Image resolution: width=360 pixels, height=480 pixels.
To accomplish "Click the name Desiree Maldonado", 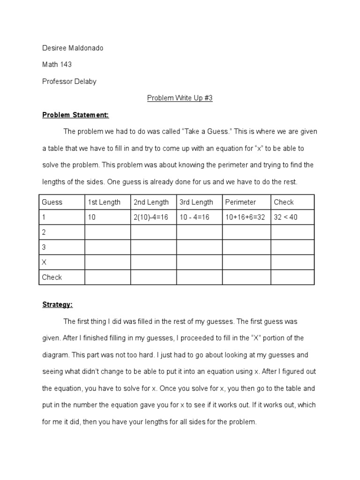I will click(72, 47).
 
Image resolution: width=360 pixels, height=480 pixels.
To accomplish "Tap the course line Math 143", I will click(57, 64).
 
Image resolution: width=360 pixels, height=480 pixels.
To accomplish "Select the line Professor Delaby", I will click(69, 81).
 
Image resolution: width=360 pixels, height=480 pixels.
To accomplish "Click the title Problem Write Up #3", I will click(180, 98).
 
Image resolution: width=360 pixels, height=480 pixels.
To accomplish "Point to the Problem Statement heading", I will click(75, 115).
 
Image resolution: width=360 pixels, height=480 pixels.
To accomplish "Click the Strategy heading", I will click(57, 305).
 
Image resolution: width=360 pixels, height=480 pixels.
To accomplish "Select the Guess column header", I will click(52, 202).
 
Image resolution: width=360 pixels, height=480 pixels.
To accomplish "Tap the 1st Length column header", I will click(104, 202).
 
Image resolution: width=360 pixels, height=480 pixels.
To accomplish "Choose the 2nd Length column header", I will click(151, 202).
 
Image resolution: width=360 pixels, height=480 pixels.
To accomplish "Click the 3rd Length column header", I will click(196, 202).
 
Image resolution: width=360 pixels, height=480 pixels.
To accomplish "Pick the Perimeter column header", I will click(240, 202).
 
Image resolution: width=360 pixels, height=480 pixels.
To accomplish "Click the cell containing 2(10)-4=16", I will click(153, 217).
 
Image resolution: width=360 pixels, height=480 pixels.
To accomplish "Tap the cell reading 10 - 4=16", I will click(196, 217).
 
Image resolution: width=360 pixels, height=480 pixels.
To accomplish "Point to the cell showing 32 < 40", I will click(285, 217).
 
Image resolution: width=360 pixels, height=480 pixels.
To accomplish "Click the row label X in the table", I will click(45, 262).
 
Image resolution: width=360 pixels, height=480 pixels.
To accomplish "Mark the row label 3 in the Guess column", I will click(44, 247).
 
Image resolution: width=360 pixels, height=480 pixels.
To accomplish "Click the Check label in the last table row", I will click(52, 277).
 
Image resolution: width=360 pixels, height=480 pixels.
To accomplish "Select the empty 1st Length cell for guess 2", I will click(107, 232).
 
